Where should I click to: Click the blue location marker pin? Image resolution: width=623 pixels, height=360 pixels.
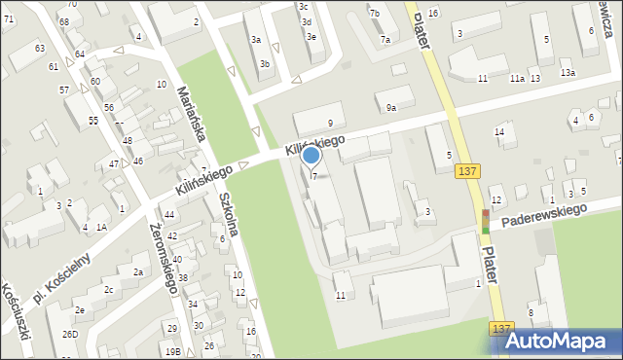click(311, 156)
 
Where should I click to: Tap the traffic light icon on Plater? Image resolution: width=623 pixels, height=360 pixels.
click(486, 222)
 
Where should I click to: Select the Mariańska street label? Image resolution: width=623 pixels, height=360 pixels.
click(189, 114)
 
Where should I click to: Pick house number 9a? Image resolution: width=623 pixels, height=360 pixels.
click(391, 108)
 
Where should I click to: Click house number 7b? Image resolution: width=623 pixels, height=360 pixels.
click(375, 13)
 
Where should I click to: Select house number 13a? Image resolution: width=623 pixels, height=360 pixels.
click(568, 73)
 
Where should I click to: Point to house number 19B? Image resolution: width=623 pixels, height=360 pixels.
click(173, 351)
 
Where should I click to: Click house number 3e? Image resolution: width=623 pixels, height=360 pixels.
click(311, 37)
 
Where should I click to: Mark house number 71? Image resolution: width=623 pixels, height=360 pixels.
click(8, 19)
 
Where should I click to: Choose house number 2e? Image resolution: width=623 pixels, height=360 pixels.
click(80, 310)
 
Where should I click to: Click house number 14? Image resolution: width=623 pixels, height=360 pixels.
click(499, 132)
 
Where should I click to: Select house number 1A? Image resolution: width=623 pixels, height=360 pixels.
click(101, 227)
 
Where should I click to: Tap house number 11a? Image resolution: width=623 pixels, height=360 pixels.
click(518, 79)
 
